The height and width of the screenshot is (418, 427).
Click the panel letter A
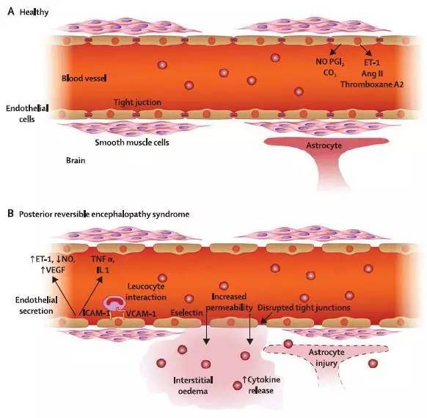[11, 12]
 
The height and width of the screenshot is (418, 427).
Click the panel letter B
[10, 213]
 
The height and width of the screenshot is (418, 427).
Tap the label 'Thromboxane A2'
[372, 84]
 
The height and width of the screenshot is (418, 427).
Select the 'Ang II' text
[372, 73]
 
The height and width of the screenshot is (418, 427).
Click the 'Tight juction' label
[137, 103]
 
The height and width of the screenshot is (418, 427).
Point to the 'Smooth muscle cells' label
[132, 143]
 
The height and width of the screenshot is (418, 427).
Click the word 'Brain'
[76, 160]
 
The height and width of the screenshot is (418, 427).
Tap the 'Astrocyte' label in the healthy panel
[324, 145]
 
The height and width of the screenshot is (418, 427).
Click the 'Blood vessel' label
[84, 79]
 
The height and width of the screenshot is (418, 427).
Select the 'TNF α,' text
[103, 259]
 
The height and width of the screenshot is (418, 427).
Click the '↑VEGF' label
[53, 270]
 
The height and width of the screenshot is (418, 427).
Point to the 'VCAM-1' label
[141, 314]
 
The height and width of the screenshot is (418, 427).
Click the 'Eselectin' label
[186, 313]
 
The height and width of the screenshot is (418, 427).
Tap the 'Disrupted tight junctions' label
[304, 308]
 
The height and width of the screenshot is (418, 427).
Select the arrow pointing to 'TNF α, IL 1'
[90, 297]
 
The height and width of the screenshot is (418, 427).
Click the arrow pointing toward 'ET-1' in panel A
[366, 50]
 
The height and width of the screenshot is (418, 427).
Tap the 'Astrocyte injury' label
[326, 358]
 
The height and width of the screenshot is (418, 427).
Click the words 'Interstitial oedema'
[193, 386]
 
